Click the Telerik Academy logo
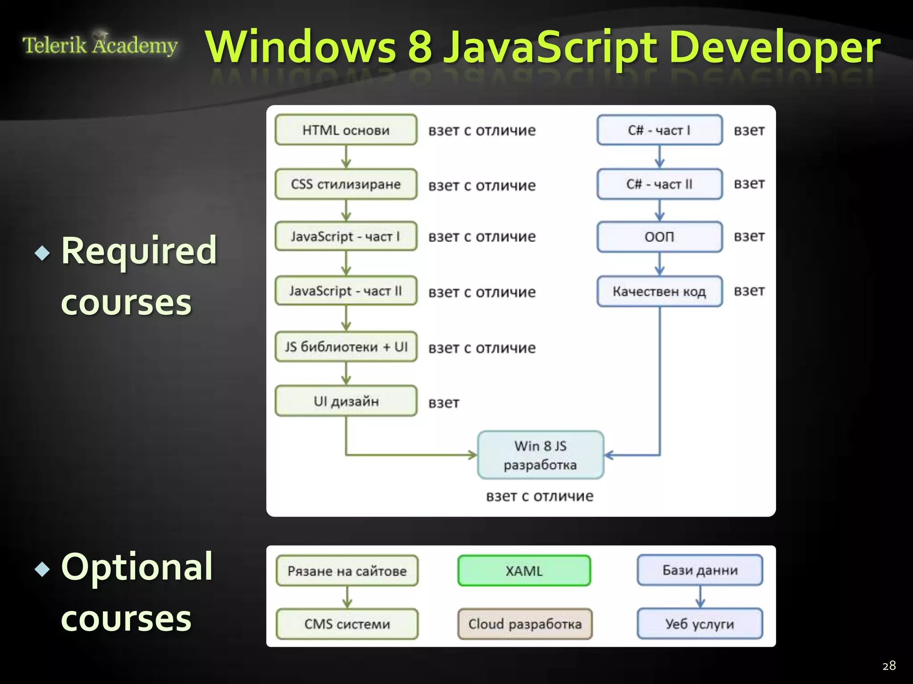coord(100,45)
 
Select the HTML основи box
coord(346,130)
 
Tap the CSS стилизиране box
coord(346,184)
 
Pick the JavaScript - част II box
coord(346,291)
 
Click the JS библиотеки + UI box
coord(346,346)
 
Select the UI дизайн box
coord(346,401)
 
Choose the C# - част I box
coord(659,130)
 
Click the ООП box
coord(659,236)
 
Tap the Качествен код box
coord(659,291)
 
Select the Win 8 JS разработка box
coord(540,455)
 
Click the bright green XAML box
coord(524,570)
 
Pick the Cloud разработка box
coord(525,624)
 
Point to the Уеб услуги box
coord(699,624)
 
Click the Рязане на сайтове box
coord(347,570)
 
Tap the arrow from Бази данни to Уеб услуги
coord(700,597)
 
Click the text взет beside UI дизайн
coord(444,403)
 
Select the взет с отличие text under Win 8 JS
coord(539,496)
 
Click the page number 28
coord(889,665)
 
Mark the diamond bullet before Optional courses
coord(42,569)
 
